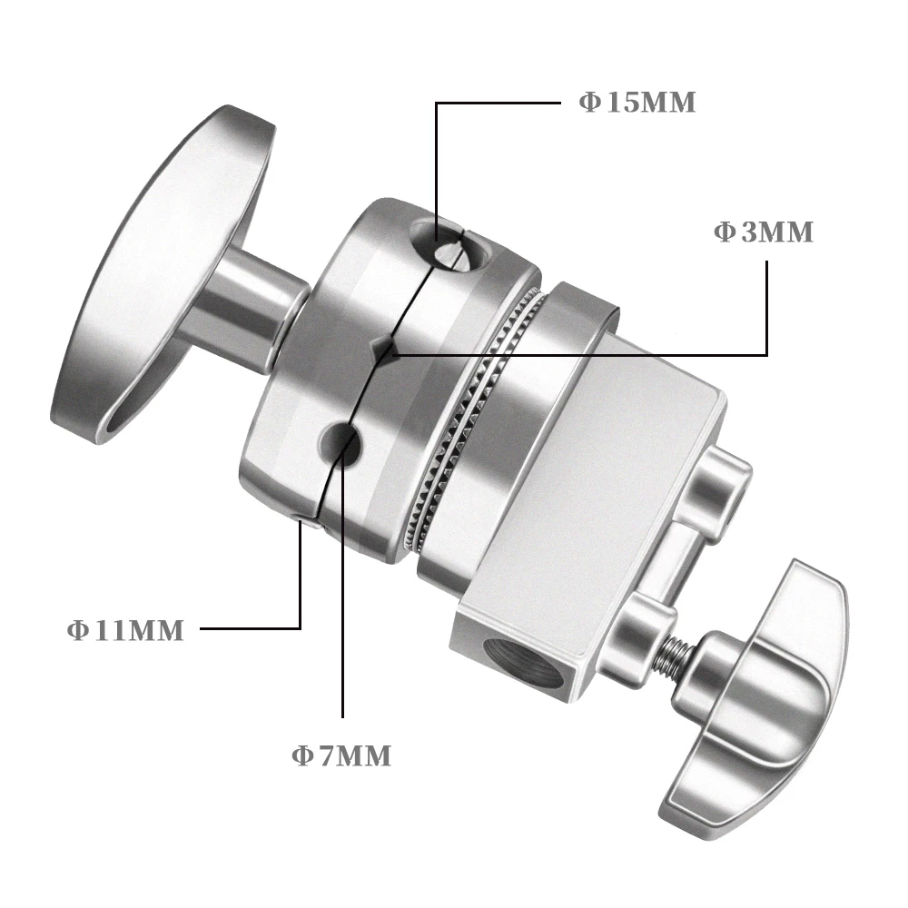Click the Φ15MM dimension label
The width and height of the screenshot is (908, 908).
tap(637, 103)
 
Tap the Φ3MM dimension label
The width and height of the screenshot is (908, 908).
tap(764, 232)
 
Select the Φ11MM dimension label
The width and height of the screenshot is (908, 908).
tap(125, 630)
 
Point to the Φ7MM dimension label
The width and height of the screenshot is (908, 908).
tap(341, 756)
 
